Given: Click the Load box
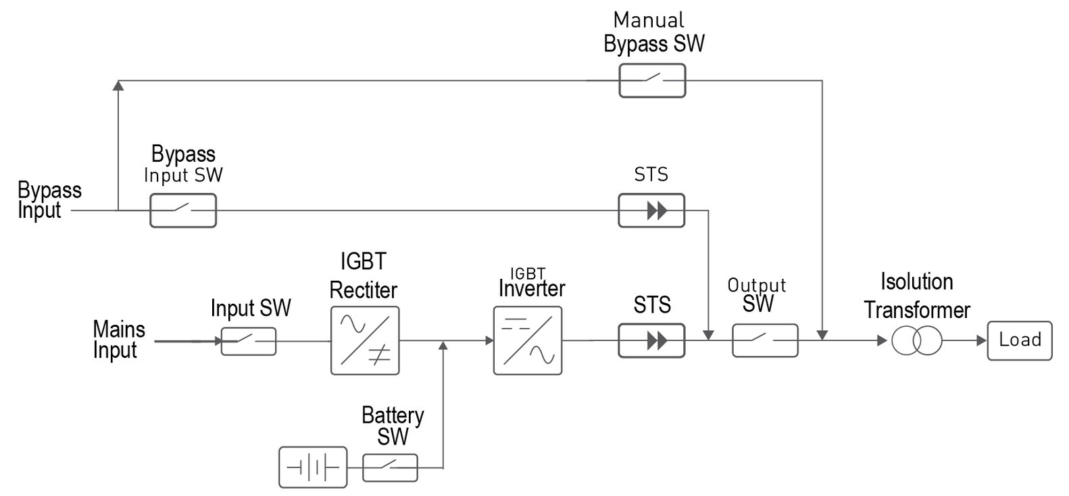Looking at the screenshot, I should pos(1019,340).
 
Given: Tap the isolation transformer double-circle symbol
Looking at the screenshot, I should pos(916,340).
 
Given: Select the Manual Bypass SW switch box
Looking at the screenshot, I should pos(652,81).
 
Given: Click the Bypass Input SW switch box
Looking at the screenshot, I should pos(182,210).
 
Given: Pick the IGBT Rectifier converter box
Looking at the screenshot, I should pos(365,340).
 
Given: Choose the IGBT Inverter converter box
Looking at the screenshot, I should pos(528,340).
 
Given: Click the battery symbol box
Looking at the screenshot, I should pos(313,467).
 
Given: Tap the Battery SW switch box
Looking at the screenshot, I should pos(390,467).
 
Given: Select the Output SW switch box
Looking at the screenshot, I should pos(765,340).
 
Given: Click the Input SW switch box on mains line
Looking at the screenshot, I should pos(248,341).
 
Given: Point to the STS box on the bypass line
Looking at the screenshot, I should pos(651,210).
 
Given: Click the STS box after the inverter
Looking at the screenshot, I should pos(651,340).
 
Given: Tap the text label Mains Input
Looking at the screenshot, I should pos(118,340).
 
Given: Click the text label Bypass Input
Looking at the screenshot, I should pos(49,200).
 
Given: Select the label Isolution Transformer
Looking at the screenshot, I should pos(917,296).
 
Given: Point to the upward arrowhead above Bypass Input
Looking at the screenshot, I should pos(118,85).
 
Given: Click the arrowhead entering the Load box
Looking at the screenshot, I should pos(981,340).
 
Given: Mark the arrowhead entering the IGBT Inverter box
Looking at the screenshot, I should pos(489,341).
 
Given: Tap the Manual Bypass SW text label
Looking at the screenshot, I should pos(653,32).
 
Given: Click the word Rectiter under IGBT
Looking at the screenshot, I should pos(364,290).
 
